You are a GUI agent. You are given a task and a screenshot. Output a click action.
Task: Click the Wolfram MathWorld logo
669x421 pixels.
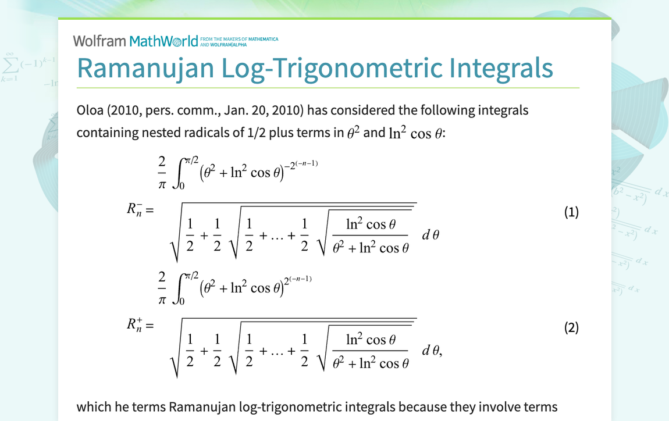pyautogui.click(x=136, y=41)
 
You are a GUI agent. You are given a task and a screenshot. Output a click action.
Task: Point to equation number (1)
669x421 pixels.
pyautogui.click(x=571, y=212)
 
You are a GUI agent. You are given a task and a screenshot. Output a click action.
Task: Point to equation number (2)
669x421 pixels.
pyautogui.click(x=571, y=328)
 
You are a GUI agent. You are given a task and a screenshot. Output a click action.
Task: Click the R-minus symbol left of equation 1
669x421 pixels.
pyautogui.click(x=136, y=209)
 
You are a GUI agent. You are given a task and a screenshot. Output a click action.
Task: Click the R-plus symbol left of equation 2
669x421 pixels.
pyautogui.click(x=136, y=325)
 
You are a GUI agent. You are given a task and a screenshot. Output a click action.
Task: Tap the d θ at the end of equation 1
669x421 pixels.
pyautogui.click(x=430, y=236)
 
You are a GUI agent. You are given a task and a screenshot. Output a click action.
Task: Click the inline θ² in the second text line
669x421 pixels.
pyautogui.click(x=354, y=133)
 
